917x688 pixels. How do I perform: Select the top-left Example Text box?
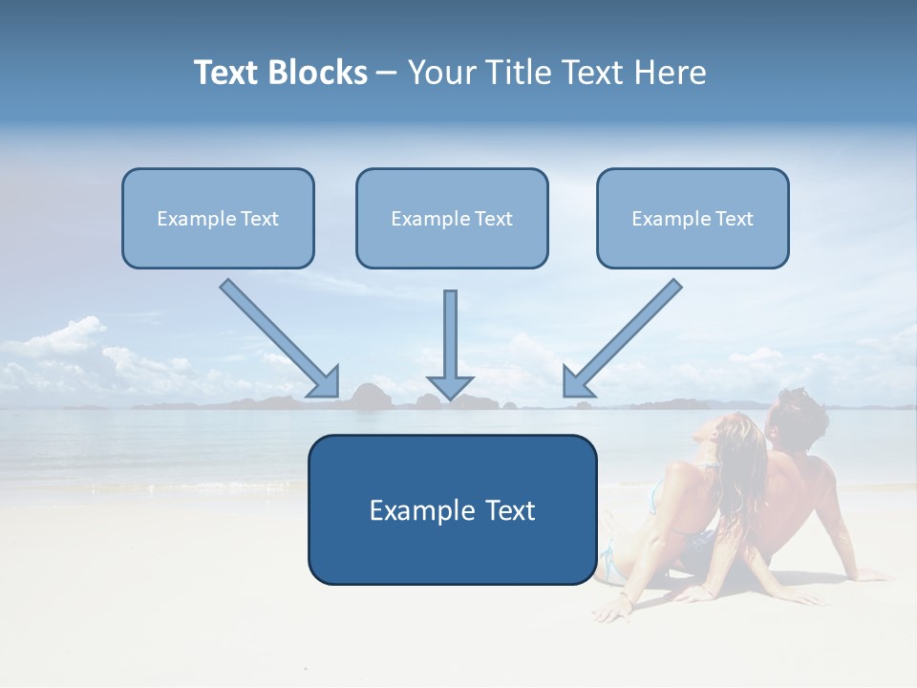[218, 219]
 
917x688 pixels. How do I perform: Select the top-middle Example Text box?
[452, 219]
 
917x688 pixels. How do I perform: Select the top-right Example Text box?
[693, 219]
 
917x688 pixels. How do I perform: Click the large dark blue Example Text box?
[452, 510]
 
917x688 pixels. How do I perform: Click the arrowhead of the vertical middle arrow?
[450, 386]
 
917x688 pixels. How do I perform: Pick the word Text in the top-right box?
[734, 219]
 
